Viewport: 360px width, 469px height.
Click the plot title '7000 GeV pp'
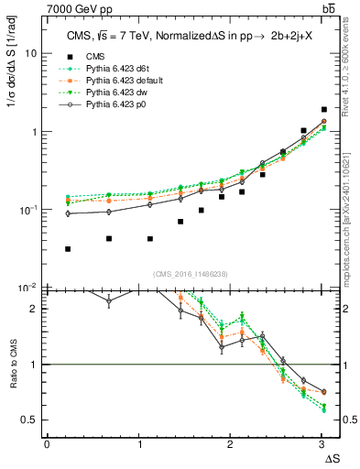point(79,8)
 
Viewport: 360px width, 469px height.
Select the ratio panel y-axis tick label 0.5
point(29,420)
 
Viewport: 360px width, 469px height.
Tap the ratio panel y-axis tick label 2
point(33,309)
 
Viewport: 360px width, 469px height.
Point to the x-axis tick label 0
point(47,444)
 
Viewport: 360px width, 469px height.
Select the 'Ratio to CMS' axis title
point(12,365)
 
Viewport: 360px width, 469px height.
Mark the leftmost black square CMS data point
point(69,249)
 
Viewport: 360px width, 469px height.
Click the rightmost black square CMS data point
point(324,109)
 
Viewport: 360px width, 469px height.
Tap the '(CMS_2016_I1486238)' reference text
point(186,273)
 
